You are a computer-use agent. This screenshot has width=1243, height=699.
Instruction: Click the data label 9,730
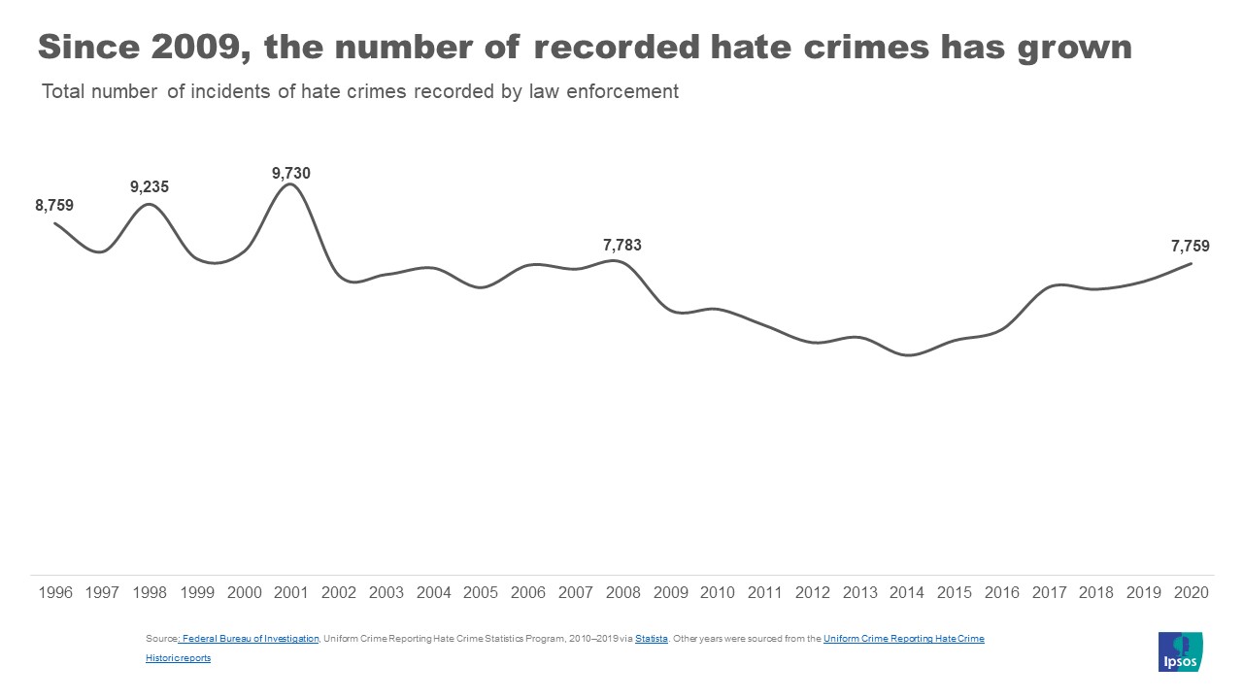coord(291,173)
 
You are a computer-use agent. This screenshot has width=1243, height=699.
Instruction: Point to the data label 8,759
coord(54,205)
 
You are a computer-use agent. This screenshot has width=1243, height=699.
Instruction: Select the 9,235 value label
coord(150,186)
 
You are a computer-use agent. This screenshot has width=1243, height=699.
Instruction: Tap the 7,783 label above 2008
coord(622,245)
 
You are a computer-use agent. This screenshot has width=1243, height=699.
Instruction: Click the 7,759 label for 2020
coord(1191,247)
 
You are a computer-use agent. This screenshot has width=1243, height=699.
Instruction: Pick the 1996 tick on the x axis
coord(55,592)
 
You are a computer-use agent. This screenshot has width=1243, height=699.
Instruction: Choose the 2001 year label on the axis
coord(291,592)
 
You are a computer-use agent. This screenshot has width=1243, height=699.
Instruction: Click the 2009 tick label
coord(670,592)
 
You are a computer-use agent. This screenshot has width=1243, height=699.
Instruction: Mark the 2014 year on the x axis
coord(907,592)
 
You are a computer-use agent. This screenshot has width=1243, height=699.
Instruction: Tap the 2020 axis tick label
coord(1191,592)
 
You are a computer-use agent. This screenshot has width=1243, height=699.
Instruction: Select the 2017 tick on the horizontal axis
coord(1049,592)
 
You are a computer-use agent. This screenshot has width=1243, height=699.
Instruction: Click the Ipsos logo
coord(1180,650)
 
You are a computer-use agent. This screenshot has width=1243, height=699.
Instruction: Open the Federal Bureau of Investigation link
coord(250,638)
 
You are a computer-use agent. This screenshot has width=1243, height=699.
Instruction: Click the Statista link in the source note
coord(652,638)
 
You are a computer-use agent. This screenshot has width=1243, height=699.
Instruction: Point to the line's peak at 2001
coord(290,184)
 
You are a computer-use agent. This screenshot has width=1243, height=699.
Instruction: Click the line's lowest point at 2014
coord(908,355)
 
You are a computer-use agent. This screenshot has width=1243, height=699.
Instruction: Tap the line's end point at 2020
coord(1191,263)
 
